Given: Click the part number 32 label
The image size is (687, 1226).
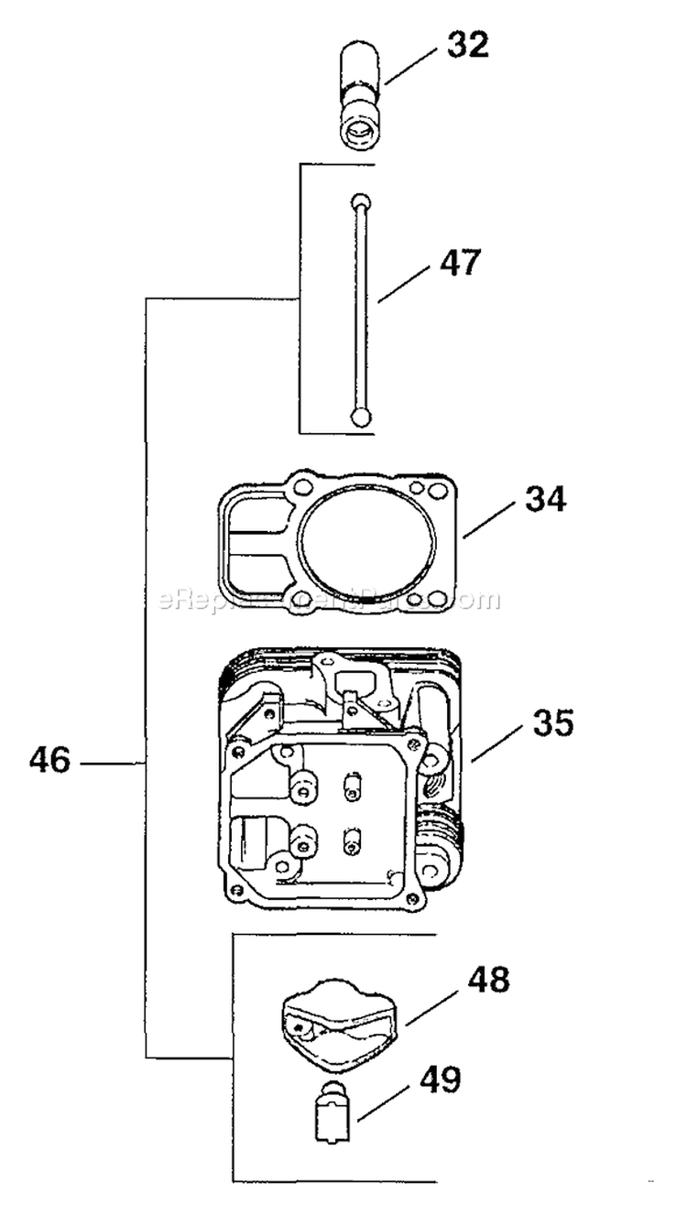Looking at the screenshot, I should (x=468, y=45).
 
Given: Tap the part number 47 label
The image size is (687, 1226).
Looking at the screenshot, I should (x=458, y=263).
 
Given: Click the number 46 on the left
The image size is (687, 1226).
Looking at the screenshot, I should (x=49, y=761).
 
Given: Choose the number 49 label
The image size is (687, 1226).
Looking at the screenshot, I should (x=441, y=1080).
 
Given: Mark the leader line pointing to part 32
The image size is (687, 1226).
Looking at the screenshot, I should (x=413, y=66).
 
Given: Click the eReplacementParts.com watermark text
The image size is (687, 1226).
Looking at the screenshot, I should (x=330, y=601).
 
